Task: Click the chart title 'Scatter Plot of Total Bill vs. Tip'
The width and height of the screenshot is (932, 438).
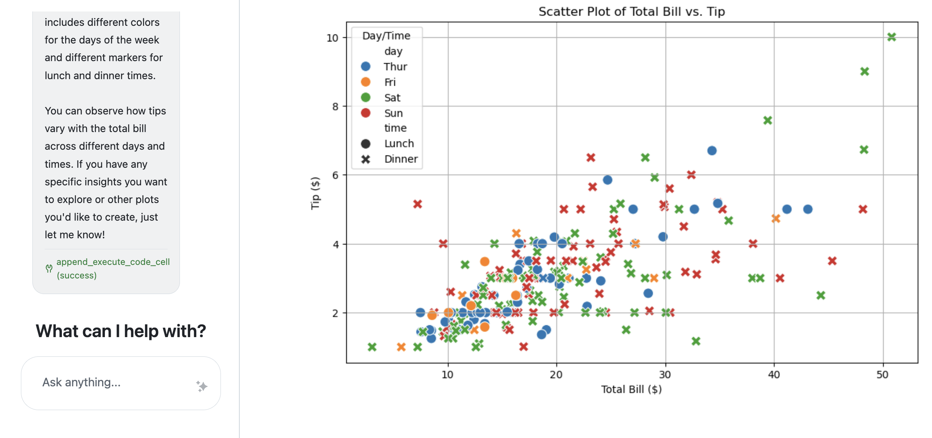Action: point(632,11)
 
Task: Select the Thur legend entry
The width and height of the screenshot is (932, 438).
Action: point(395,66)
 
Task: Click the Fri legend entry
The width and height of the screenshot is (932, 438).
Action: point(390,82)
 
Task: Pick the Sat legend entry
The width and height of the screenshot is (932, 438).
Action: point(392,98)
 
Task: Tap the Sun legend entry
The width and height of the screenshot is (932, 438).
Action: point(393,113)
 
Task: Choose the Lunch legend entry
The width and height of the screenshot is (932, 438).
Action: point(399,144)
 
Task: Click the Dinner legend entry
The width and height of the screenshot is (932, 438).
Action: point(401,159)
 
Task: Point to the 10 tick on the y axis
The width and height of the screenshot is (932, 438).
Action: point(332,38)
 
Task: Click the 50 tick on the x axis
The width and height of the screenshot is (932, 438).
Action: point(882,375)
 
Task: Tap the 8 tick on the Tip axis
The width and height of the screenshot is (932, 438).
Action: point(335,107)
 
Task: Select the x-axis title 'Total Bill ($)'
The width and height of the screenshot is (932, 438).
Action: point(631,389)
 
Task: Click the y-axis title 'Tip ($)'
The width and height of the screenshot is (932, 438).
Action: point(315,193)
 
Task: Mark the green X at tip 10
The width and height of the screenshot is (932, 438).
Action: point(891,37)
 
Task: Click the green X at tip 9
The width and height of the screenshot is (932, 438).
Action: point(865,72)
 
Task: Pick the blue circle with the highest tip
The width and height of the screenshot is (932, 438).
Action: point(712,151)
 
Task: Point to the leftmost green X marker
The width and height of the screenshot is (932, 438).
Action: point(372,347)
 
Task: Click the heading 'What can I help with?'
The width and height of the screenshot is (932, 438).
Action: point(121,331)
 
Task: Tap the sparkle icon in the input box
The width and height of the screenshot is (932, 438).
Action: point(202,386)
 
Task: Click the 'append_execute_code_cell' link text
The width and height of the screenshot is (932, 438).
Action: point(113,262)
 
